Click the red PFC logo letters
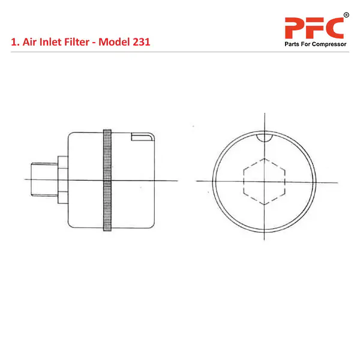point(314,28)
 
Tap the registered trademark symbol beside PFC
point(346,15)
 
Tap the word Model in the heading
point(112,42)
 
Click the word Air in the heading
point(29,42)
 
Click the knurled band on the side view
point(107,180)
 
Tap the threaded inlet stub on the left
point(44,179)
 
